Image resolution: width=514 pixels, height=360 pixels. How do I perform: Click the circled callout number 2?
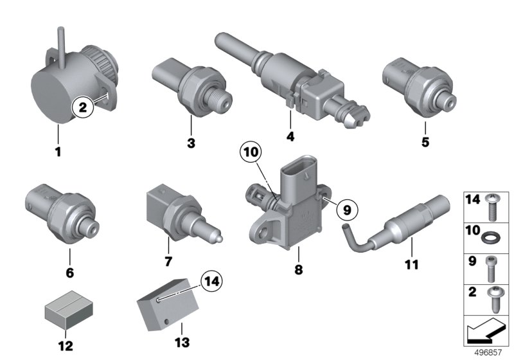click(83, 107)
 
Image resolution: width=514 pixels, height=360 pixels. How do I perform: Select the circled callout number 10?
click(251, 152)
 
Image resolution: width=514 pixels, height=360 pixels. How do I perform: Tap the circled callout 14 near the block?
click(212, 282)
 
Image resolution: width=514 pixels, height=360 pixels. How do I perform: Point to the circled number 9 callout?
click(347, 210)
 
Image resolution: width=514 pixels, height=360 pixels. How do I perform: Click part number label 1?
click(58, 152)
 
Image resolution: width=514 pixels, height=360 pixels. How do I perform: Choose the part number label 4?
click(290, 136)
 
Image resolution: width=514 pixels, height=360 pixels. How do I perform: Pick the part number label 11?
click(412, 264)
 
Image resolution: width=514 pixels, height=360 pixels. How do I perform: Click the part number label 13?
click(182, 342)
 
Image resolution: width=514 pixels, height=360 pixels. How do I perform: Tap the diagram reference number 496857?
click(488, 352)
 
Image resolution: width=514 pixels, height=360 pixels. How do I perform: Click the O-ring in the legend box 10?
click(489, 237)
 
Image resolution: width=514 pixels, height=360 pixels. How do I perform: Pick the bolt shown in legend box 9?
click(490, 269)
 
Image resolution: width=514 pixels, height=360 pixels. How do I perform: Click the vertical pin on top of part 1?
click(61, 48)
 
